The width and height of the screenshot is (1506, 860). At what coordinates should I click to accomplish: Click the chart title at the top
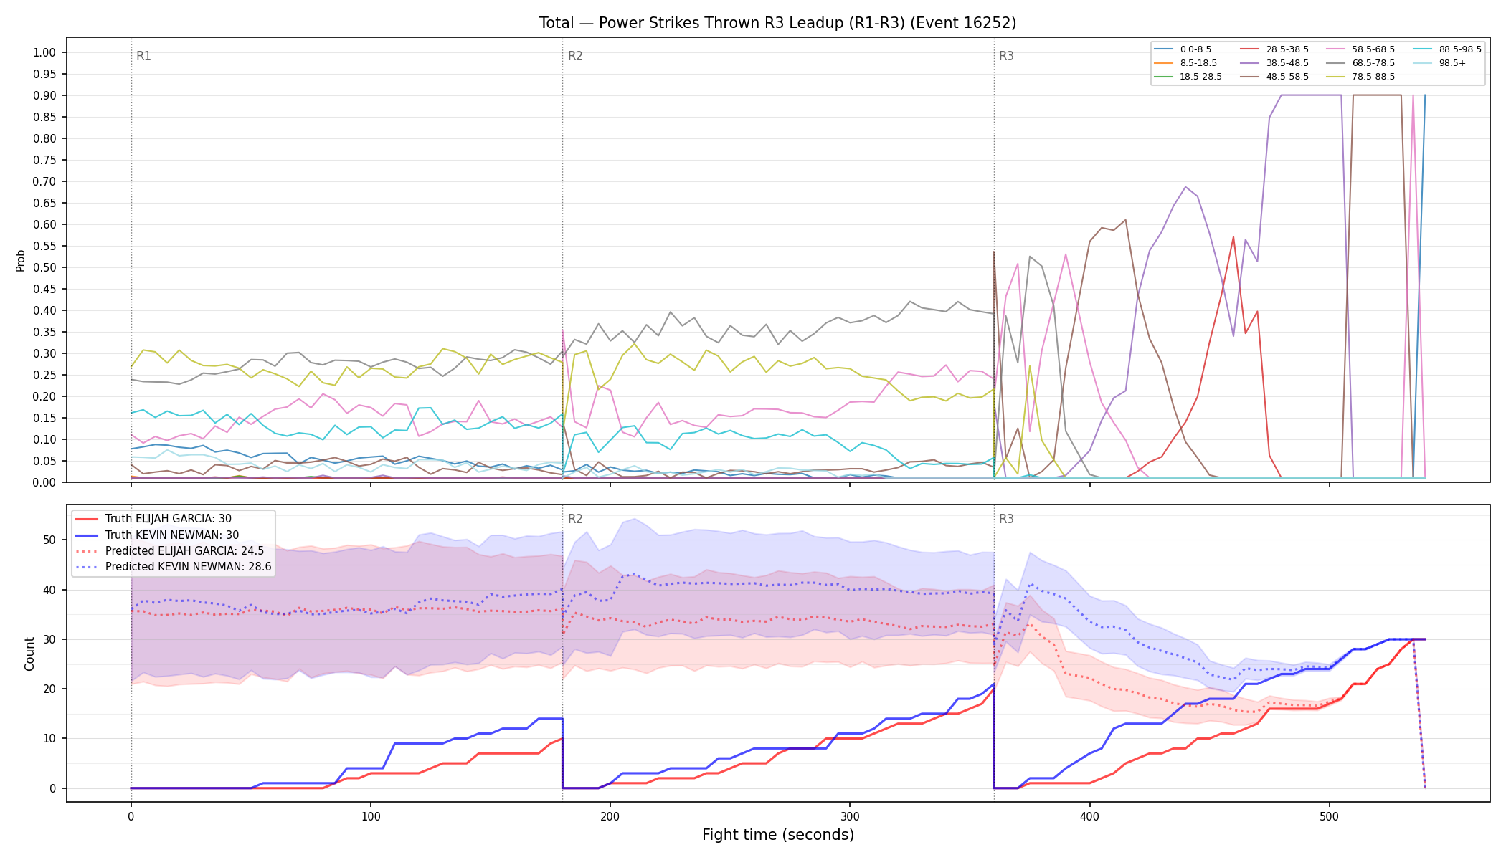(777, 23)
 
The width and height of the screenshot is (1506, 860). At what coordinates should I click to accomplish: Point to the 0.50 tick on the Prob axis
(44, 267)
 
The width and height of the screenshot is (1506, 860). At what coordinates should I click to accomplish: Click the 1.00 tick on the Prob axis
(44, 52)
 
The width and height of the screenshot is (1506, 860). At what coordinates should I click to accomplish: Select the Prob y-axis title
(20, 260)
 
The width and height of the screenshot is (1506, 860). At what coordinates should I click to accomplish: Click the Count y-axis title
(29, 654)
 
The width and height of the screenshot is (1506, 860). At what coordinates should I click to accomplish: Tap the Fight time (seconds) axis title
(778, 835)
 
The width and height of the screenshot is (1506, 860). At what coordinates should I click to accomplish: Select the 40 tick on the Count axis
(49, 590)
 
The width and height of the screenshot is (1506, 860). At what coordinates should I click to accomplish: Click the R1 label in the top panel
(143, 56)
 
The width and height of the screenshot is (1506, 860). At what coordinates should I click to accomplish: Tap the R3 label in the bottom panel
(1006, 519)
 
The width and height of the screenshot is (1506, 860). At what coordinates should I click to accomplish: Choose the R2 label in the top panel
(575, 56)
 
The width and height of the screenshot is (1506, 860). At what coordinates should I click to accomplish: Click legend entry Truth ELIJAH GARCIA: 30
(168, 519)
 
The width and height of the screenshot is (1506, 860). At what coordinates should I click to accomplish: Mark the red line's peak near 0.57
(1233, 236)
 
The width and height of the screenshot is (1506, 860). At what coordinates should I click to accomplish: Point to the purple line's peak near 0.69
(1185, 186)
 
